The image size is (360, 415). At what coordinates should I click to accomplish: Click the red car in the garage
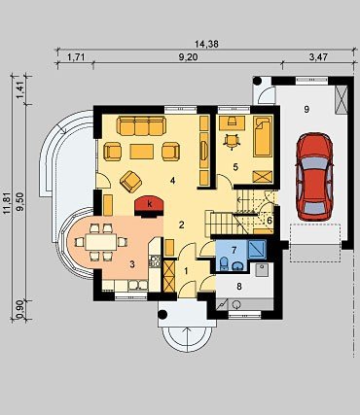click(314, 177)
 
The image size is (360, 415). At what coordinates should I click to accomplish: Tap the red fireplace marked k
click(149, 206)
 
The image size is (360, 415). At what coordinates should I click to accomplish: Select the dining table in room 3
click(101, 242)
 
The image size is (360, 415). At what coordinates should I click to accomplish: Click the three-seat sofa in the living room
click(141, 125)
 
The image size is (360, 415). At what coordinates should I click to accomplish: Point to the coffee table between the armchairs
click(141, 152)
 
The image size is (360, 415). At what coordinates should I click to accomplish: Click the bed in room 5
click(263, 137)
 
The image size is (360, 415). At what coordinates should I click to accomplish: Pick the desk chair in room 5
click(232, 141)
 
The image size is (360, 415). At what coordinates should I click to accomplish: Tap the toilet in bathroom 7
click(224, 263)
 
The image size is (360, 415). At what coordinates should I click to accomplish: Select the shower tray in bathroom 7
click(257, 249)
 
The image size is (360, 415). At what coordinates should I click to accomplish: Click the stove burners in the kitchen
click(155, 261)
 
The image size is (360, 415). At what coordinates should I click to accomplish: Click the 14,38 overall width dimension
click(206, 44)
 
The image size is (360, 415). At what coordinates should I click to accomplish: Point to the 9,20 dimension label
click(189, 57)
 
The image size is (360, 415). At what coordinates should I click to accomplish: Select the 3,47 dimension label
click(318, 57)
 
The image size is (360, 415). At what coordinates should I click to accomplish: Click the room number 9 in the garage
click(306, 110)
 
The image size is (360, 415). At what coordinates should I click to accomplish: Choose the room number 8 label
click(239, 287)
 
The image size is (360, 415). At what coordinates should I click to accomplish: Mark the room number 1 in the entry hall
click(186, 271)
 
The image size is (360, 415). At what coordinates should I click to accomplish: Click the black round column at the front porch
click(162, 314)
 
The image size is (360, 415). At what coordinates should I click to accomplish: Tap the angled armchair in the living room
click(130, 182)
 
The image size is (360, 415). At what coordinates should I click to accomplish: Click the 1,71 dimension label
click(76, 57)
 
